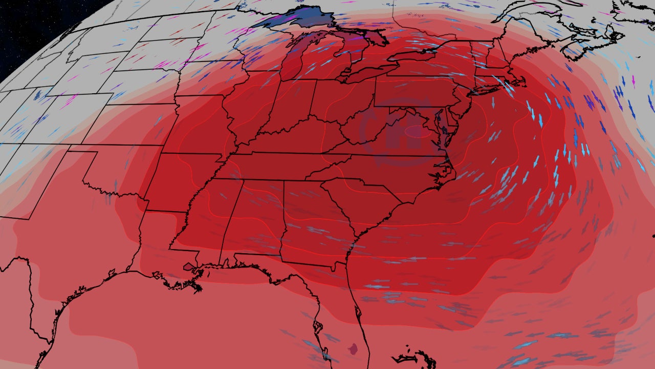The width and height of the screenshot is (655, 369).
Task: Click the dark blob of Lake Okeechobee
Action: click(x=352, y=350)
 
